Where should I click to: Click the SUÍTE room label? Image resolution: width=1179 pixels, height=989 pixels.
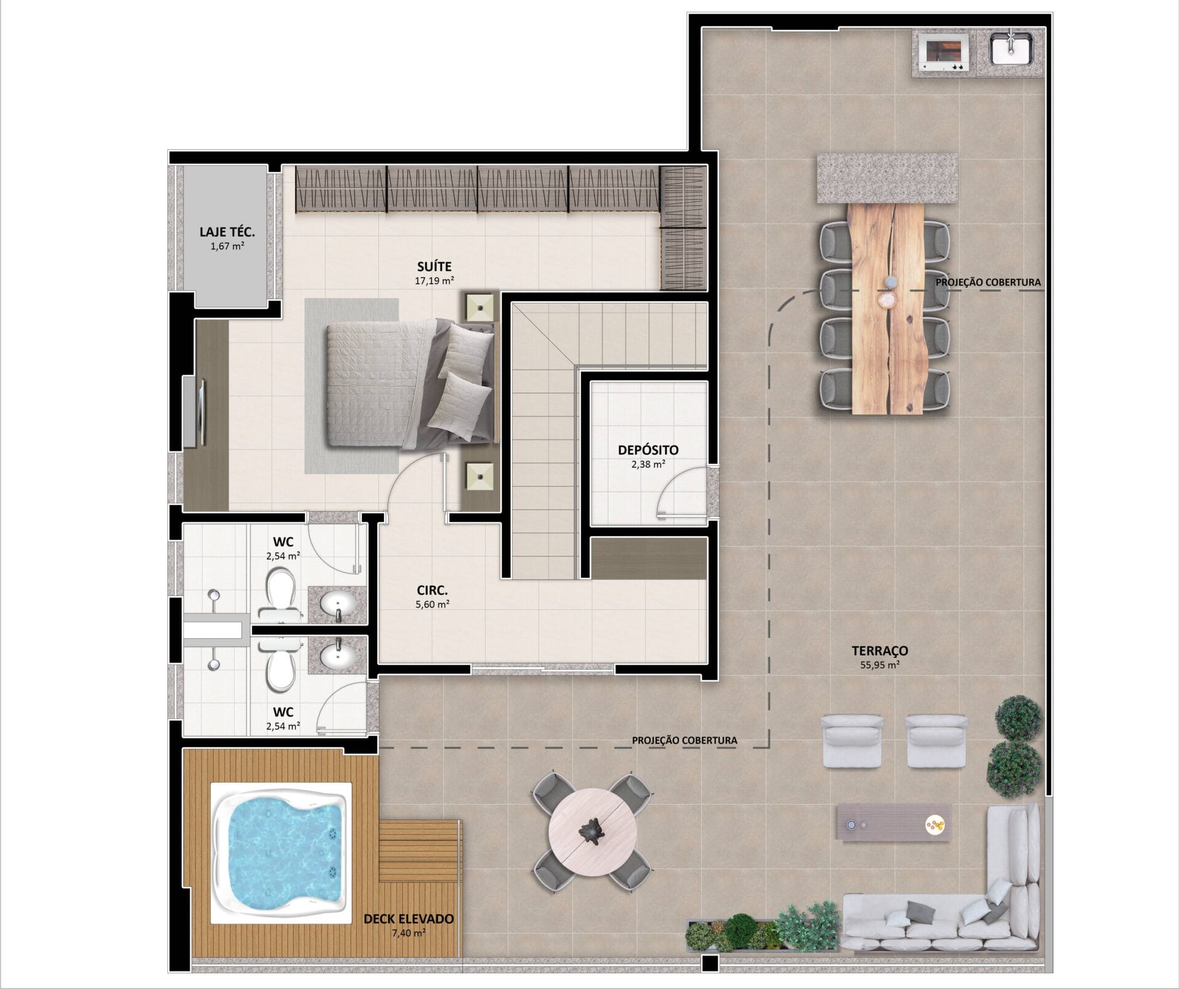tap(434, 267)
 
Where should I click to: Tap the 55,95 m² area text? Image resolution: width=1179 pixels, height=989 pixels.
tap(880, 665)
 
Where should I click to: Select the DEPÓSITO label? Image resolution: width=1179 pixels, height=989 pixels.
tap(648, 450)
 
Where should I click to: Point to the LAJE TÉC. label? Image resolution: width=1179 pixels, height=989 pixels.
tap(227, 232)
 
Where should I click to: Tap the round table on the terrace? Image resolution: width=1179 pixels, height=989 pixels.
tap(591, 831)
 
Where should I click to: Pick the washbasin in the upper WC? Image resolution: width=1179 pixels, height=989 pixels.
tap(338, 604)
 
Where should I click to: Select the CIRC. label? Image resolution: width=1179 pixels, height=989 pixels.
tap(432, 591)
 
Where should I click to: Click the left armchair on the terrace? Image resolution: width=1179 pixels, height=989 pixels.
tap(852, 741)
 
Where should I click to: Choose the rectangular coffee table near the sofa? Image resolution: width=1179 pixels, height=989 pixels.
tap(894, 823)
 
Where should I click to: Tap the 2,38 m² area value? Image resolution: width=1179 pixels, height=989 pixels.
tap(648, 464)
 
